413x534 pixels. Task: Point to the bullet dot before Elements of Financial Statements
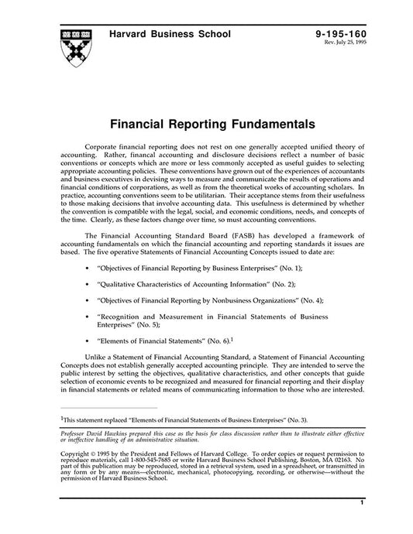(85, 341)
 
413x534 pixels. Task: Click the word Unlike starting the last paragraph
(113, 358)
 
